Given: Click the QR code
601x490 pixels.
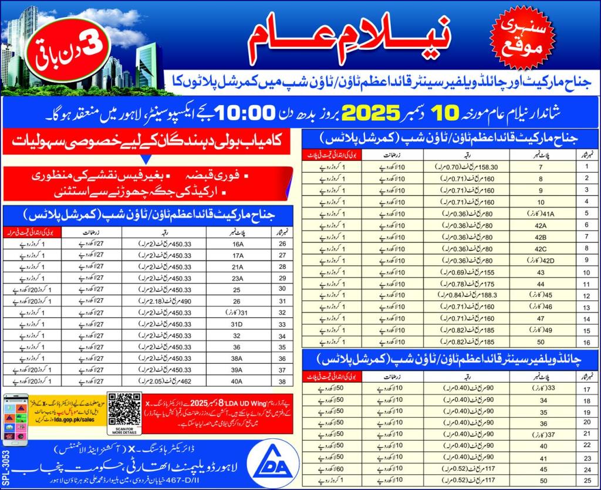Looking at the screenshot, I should click(x=124, y=408).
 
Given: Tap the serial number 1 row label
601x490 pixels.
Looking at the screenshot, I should click(x=586, y=166).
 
